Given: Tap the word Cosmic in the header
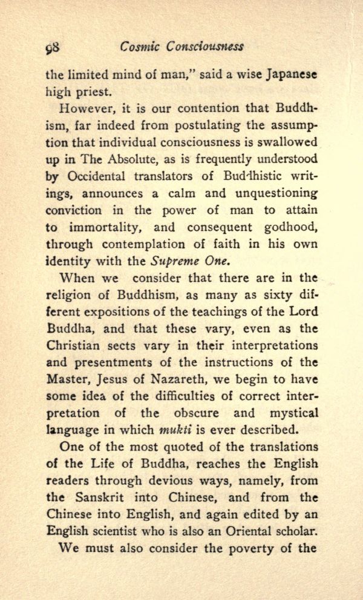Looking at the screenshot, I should pyautogui.click(x=139, y=47).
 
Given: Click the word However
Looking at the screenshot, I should pyautogui.click(x=84, y=110).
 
